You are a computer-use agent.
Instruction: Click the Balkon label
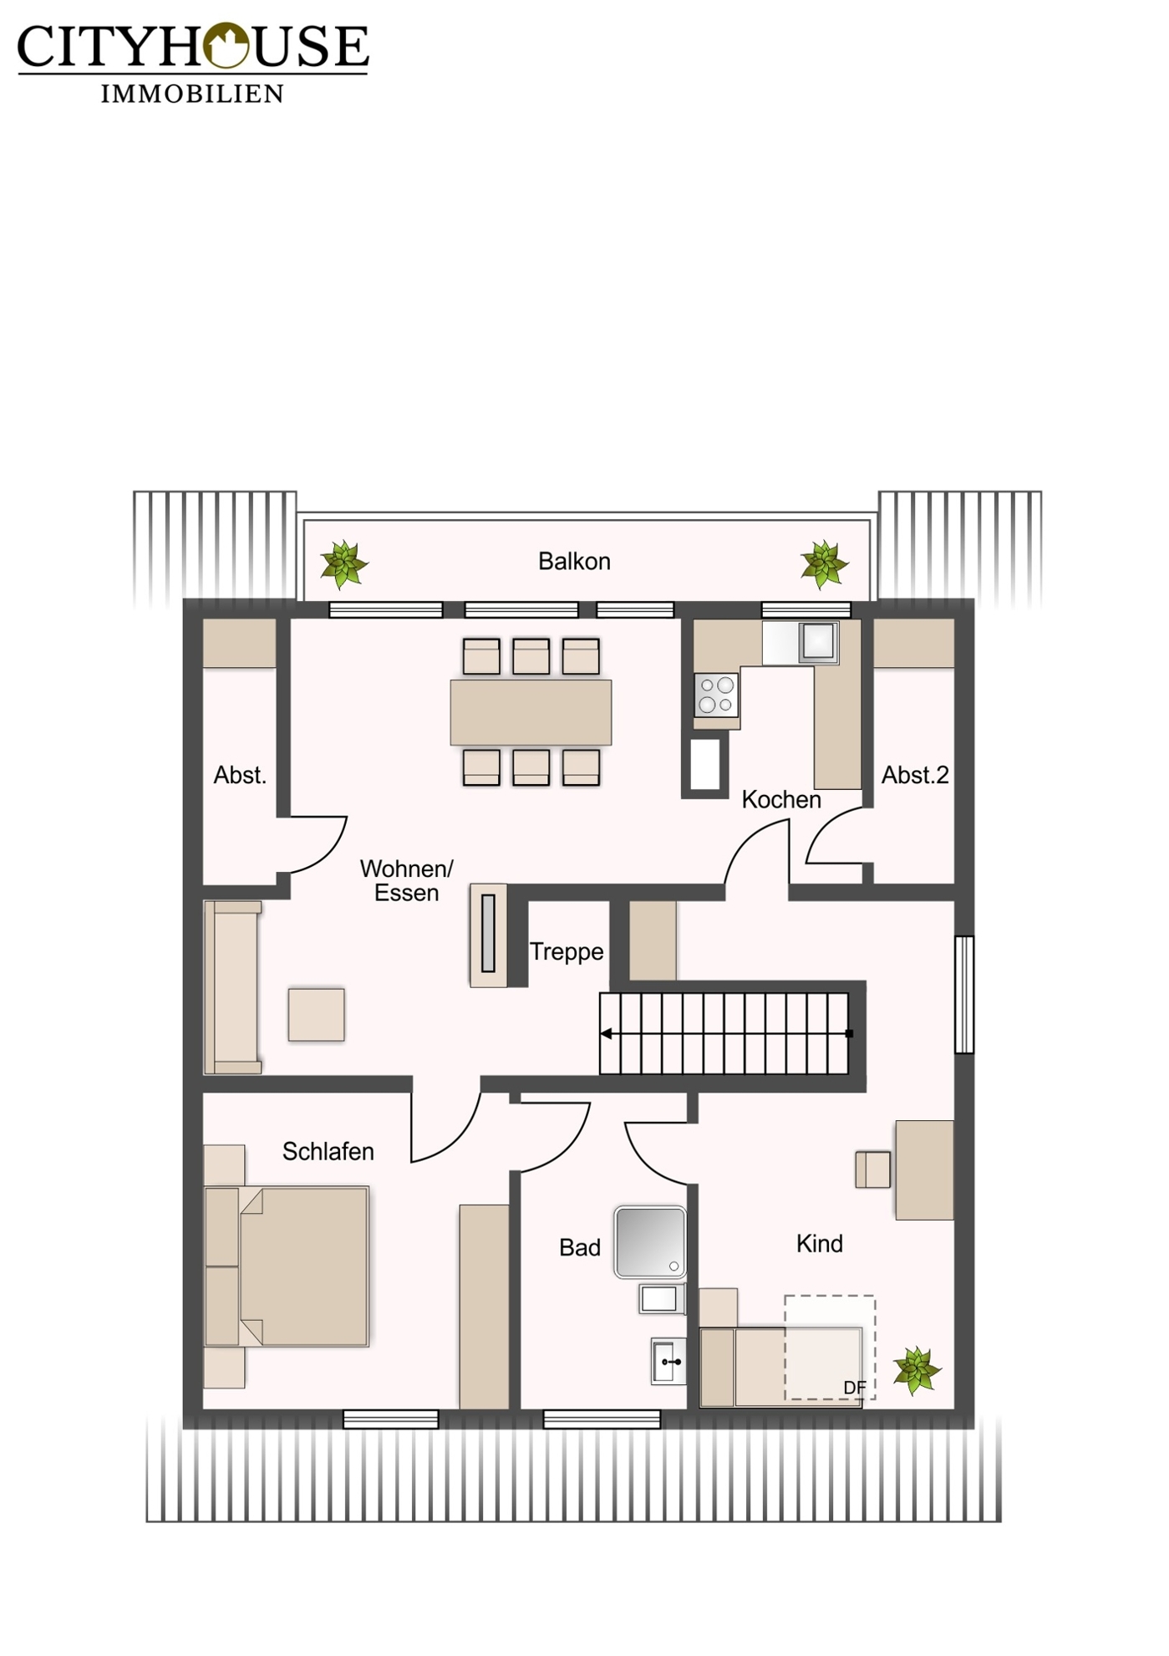click(x=574, y=561)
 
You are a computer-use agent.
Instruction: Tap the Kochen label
click(x=781, y=800)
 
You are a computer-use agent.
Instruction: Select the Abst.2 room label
click(x=915, y=775)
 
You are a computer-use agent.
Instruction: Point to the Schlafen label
click(x=328, y=1151)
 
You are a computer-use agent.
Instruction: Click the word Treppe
click(x=567, y=952)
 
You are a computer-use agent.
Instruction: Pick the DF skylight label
click(x=855, y=1388)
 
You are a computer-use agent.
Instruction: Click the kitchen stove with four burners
click(x=716, y=695)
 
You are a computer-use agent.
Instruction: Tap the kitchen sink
click(x=818, y=642)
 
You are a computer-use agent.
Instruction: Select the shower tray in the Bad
click(x=650, y=1242)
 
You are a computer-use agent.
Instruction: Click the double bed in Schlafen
click(x=286, y=1266)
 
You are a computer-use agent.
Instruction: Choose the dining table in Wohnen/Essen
click(x=531, y=712)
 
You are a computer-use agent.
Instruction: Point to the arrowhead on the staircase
click(x=606, y=1034)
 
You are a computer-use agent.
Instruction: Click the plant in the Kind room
click(x=917, y=1370)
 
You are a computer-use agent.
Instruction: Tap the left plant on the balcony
click(x=343, y=564)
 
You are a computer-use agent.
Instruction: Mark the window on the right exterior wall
click(x=964, y=994)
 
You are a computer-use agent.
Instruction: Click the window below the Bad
click(x=602, y=1419)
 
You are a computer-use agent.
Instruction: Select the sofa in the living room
click(x=233, y=987)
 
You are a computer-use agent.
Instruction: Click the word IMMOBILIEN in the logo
click(x=192, y=93)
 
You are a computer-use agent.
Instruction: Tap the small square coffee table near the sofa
click(x=316, y=1015)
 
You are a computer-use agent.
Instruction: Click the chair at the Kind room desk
click(x=872, y=1169)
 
